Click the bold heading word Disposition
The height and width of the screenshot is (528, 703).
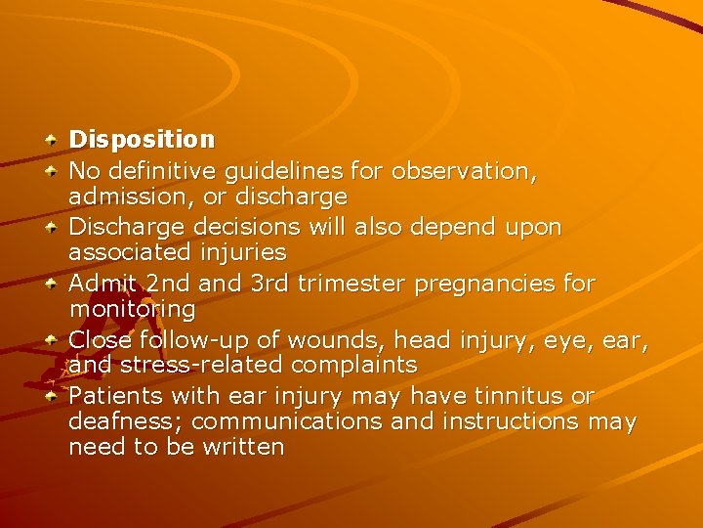(x=142, y=141)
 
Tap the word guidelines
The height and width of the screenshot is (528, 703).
(x=284, y=171)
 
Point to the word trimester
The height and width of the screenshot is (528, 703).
(x=352, y=284)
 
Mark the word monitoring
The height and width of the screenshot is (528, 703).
(x=132, y=310)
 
